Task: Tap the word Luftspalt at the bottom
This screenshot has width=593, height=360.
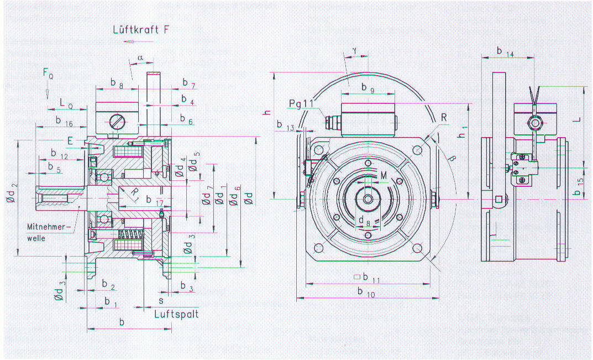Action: click(176, 314)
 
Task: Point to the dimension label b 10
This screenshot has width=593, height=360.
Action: click(366, 293)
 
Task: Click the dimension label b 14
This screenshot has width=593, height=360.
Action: click(505, 52)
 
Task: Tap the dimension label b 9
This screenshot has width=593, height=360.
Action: click(368, 87)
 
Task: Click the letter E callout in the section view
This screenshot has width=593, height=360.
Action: click(70, 141)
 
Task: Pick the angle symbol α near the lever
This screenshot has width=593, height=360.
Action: click(140, 58)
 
